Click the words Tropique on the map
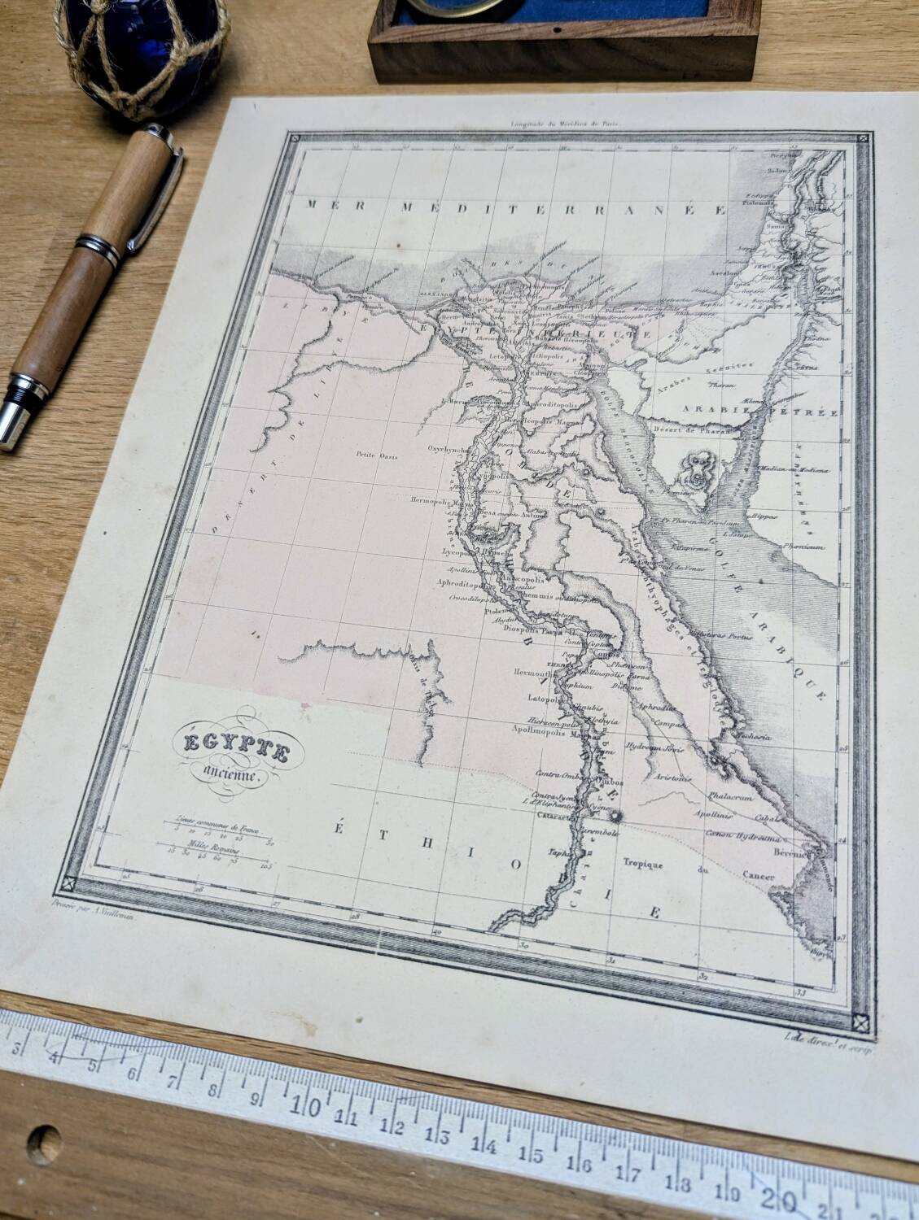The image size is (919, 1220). coord(644,865)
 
